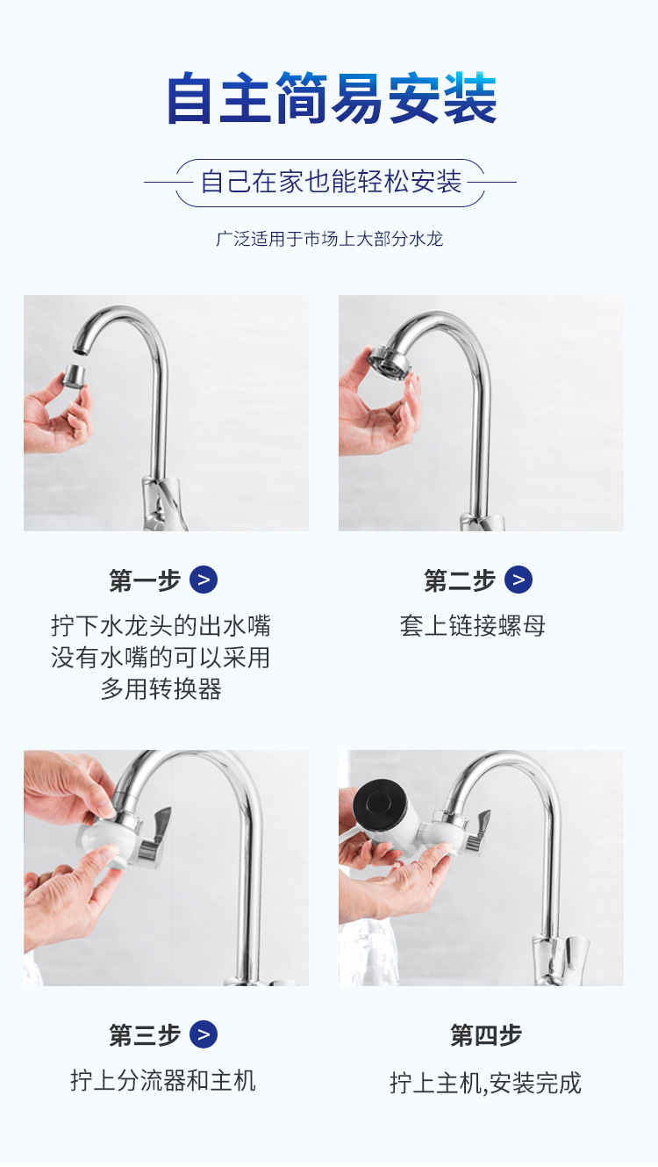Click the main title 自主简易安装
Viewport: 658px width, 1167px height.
(x=332, y=98)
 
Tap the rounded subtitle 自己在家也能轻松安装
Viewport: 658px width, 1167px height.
(x=331, y=182)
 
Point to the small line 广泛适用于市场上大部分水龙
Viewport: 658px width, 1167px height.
(x=330, y=239)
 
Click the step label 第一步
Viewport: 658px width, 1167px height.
(x=145, y=580)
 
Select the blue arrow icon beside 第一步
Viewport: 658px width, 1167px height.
(x=203, y=580)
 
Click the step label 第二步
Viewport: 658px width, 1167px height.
(x=460, y=580)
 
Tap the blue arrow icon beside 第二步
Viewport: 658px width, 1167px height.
(x=519, y=580)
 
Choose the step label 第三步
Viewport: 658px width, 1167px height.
(x=145, y=1034)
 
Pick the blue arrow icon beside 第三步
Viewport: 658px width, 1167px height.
(x=203, y=1034)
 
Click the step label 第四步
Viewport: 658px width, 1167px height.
(x=486, y=1034)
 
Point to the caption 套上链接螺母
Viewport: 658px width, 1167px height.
(x=473, y=626)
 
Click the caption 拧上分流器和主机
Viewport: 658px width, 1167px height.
(x=163, y=1081)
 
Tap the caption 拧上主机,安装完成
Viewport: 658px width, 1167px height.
(x=485, y=1083)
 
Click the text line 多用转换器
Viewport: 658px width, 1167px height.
(x=161, y=688)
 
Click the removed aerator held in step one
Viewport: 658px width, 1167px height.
(x=75, y=376)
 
